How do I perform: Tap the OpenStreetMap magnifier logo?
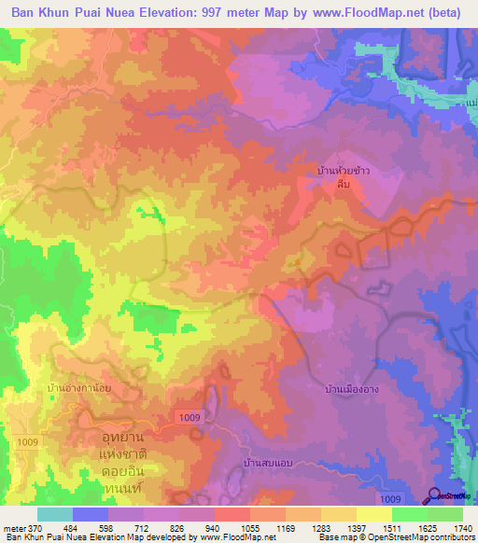(435, 495)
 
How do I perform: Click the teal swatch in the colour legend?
(55, 514)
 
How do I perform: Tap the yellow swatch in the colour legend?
(373, 514)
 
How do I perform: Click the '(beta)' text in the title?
(453, 12)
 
